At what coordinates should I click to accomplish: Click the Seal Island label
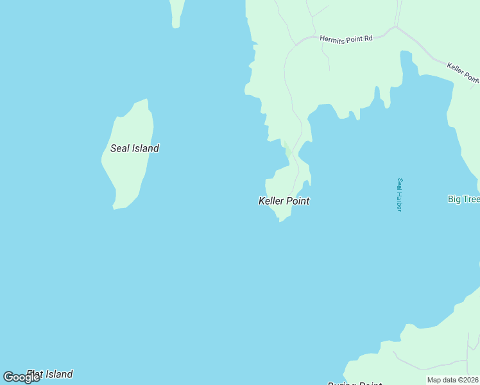point(135,148)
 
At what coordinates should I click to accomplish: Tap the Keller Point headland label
point(284,201)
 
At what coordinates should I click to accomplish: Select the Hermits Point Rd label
point(346,39)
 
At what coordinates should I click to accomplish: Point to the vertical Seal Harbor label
point(399,194)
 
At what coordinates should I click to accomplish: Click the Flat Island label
point(50,374)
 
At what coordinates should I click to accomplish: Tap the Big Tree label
point(463,199)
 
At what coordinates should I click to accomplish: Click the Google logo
point(21,377)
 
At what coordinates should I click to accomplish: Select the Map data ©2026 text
point(453,380)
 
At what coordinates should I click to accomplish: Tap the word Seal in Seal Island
point(120,148)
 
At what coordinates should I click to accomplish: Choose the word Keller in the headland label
point(271,201)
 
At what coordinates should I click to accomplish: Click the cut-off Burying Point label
point(355,384)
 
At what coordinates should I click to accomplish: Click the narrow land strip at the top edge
point(176,13)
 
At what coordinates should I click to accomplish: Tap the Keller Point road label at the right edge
point(463,72)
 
